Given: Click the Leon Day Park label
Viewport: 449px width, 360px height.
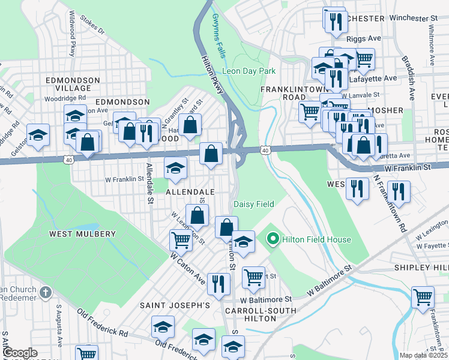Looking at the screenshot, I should coord(249,71).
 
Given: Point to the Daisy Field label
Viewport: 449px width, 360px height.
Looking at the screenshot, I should coord(253,204).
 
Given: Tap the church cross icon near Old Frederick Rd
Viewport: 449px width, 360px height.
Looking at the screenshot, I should coord(46,292).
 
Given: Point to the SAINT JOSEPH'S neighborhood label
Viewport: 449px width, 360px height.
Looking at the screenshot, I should coord(175,305).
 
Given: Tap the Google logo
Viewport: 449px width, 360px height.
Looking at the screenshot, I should coord(20,353).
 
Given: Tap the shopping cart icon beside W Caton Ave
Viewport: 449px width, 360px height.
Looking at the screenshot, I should coord(181,240).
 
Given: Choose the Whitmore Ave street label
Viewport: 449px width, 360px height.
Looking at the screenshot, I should coord(431,46).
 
